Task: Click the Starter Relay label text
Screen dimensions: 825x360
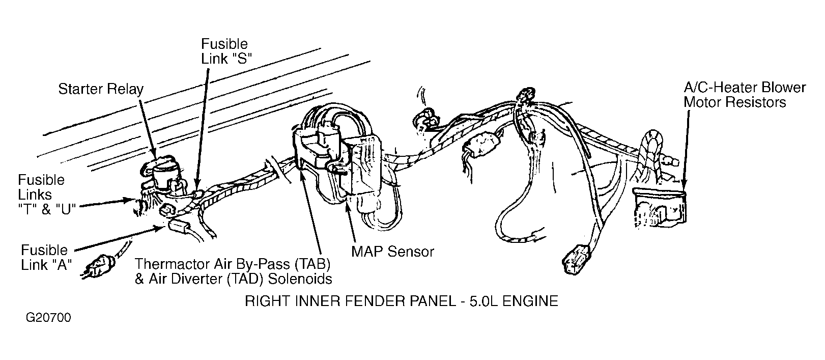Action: pyautogui.click(x=101, y=89)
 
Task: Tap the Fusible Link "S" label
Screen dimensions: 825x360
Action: pyautogui.click(x=226, y=51)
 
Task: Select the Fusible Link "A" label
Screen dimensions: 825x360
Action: pyautogui.click(x=46, y=257)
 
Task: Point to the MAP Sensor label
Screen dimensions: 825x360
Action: pyautogui.click(x=392, y=252)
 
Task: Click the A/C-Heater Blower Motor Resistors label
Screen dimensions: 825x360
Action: pyautogui.click(x=745, y=95)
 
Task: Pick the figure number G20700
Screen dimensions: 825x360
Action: pyautogui.click(x=48, y=318)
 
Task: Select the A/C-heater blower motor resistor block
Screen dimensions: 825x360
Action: pyautogui.click(x=659, y=206)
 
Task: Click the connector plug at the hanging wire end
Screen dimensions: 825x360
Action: pyautogui.click(x=577, y=260)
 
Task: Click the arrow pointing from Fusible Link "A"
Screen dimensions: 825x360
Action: pyautogui.click(x=119, y=239)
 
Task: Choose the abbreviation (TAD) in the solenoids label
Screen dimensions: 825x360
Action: pyautogui.click(x=245, y=279)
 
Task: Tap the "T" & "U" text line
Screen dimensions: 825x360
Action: pyautogui.click(x=47, y=209)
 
